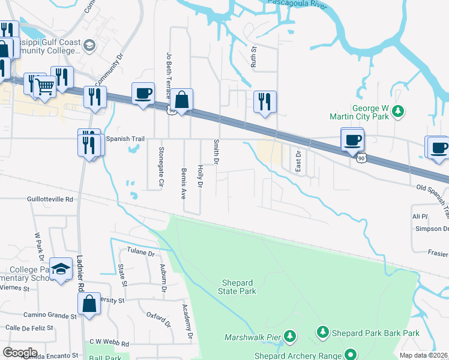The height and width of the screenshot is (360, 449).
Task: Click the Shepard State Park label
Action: (x=239, y=287)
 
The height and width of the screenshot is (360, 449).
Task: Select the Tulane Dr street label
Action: (x=141, y=253)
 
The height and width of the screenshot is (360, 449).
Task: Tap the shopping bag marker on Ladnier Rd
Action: (x=89, y=304)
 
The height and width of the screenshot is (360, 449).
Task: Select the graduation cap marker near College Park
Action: (x=60, y=269)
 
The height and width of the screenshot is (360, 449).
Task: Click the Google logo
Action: (x=20, y=353)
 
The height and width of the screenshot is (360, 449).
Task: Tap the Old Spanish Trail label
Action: (x=432, y=191)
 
